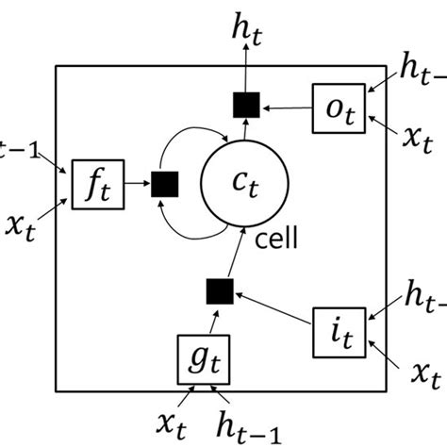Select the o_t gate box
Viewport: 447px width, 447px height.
click(337, 108)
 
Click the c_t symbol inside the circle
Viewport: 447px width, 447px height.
click(242, 185)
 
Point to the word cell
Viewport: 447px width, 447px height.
click(276, 239)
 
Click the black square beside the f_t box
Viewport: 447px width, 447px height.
click(165, 184)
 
